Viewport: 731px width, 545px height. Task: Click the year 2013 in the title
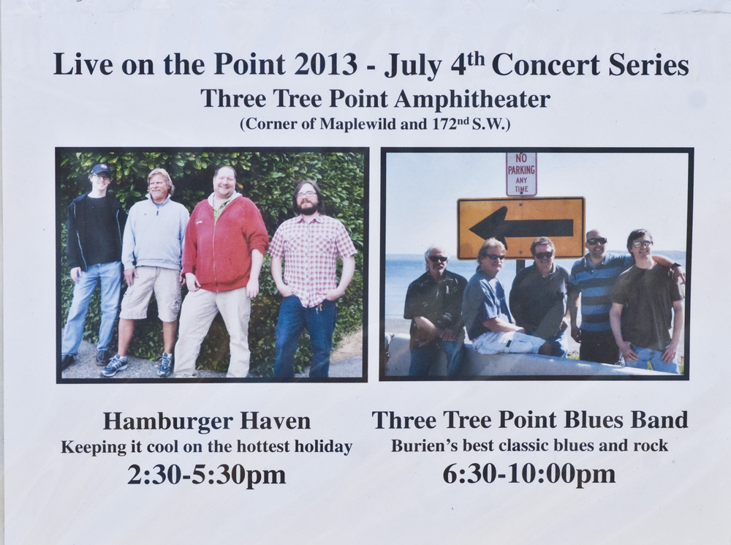click(x=326, y=64)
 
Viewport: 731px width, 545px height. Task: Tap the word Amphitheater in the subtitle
click(x=473, y=99)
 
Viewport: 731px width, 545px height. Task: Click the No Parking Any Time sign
click(x=521, y=173)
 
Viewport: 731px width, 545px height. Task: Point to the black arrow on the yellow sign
click(x=520, y=228)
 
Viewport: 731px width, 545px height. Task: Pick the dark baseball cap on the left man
click(x=101, y=169)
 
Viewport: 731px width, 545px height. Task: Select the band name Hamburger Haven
click(x=207, y=421)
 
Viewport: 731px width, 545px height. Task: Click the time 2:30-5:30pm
click(x=207, y=475)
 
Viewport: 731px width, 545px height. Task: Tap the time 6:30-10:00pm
click(x=529, y=474)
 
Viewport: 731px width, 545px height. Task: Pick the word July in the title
click(x=412, y=65)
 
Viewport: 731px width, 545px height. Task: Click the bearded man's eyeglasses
click(x=306, y=194)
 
